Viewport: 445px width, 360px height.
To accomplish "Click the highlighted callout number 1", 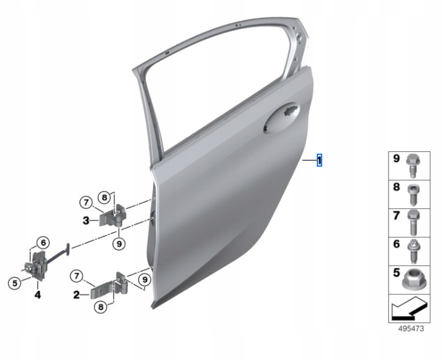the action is pyautogui.click(x=320, y=160).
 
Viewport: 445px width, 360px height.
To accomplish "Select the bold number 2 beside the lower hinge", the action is pyautogui.click(x=76, y=295).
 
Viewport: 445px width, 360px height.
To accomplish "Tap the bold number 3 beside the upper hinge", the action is pyautogui.click(x=86, y=220).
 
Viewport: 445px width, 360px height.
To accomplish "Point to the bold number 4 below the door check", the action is pyautogui.click(x=38, y=295).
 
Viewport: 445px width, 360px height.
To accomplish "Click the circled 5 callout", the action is pyautogui.click(x=15, y=282).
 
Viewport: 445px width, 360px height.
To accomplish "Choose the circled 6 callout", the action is pyautogui.click(x=43, y=243).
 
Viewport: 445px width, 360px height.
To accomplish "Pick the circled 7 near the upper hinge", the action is pyautogui.click(x=86, y=202).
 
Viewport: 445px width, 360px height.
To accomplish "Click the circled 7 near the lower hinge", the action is pyautogui.click(x=76, y=276).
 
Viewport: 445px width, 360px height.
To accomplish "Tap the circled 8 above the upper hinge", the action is pyautogui.click(x=104, y=197).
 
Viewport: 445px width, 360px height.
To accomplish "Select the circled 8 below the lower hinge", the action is pyautogui.click(x=101, y=307).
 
